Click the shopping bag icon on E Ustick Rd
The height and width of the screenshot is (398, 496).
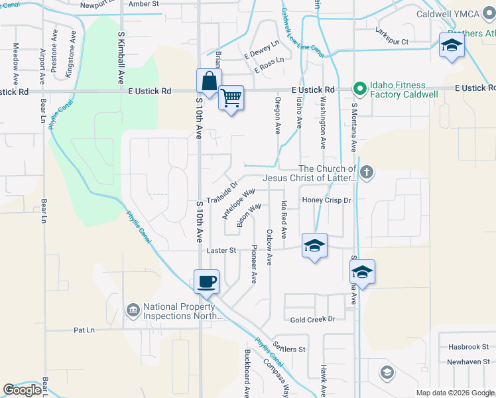[209, 82]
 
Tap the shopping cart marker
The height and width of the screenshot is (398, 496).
[231, 98]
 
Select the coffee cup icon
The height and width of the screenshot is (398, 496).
[206, 281]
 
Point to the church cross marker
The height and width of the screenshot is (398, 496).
[367, 173]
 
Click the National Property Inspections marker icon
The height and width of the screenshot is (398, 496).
[133, 310]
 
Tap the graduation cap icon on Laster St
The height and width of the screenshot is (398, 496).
[314, 246]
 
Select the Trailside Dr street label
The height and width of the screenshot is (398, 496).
[221, 193]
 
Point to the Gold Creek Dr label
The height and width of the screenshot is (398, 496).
[314, 319]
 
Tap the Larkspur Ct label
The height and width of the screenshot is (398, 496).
[391, 41]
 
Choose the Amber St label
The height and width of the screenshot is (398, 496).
[145, 4]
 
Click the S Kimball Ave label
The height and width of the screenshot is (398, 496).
[121, 58]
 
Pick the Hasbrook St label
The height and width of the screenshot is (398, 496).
[467, 346]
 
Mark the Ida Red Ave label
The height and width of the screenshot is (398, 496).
[284, 220]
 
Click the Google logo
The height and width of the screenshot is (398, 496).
[22, 390]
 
